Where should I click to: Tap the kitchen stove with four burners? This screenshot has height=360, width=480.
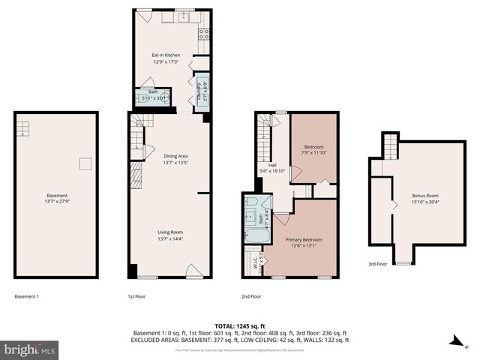tap(202, 32)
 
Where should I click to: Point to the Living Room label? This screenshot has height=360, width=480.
tap(170, 232)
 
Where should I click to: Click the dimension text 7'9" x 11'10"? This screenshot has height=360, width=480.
tap(314, 153)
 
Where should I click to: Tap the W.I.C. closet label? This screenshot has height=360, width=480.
tap(255, 263)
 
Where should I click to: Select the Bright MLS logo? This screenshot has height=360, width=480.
tap(30, 349)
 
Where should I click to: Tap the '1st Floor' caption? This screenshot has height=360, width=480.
tap(136, 296)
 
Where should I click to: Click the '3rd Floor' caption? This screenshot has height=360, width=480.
tap(377, 264)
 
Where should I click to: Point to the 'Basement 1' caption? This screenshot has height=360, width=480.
tap(26, 296)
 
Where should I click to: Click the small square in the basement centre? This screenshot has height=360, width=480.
tap(86, 163)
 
